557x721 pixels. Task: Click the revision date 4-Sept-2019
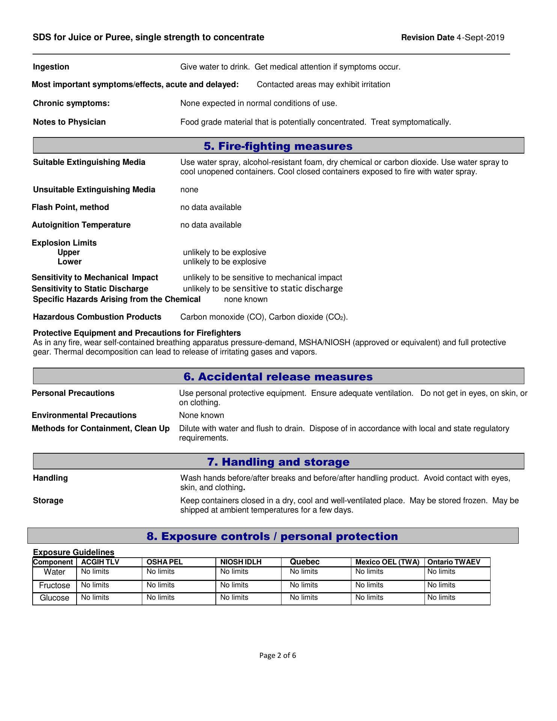tap(480, 38)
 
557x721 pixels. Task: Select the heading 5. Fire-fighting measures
tap(278, 146)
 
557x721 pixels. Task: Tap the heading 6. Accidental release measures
tap(278, 377)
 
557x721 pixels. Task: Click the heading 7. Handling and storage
tap(278, 462)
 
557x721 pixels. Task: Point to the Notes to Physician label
tap(69, 122)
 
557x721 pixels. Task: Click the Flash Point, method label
tap(70, 207)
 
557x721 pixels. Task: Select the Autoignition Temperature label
tap(81, 225)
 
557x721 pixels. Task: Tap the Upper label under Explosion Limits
tap(69, 252)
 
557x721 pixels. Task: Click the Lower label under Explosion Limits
tap(69, 262)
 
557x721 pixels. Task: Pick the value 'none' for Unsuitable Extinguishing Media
tap(189, 190)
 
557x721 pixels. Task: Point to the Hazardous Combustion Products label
tap(97, 317)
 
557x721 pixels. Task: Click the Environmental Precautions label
tap(84, 415)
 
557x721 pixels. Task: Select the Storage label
tap(48, 501)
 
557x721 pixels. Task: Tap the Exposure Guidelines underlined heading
tap(74, 552)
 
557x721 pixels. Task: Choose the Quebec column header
tap(304, 562)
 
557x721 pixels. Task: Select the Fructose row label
tap(54, 585)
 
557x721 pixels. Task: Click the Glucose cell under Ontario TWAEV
tap(441, 597)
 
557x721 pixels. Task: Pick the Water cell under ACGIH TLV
tap(95, 572)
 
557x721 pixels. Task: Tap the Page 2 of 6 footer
tap(278, 656)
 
